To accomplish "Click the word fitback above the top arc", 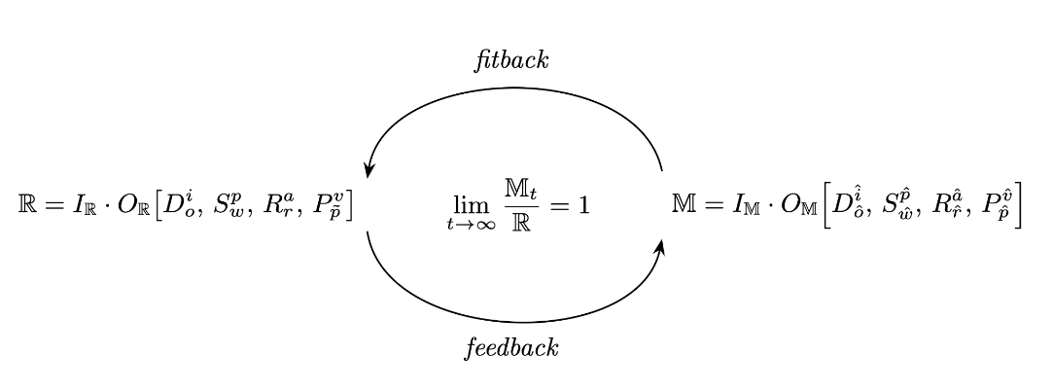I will [x=511, y=60].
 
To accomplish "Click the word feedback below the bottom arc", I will [x=511, y=348].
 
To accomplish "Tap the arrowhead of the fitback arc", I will [x=369, y=168].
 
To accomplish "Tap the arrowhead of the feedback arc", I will [x=661, y=246].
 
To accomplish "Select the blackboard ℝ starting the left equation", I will [x=28, y=205].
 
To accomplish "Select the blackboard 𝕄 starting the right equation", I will [x=683, y=205].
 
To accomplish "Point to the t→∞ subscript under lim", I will [x=468, y=225].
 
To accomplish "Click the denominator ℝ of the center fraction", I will [x=519, y=223].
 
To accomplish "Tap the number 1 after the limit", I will [x=583, y=205].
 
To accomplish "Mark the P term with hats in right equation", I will [x=992, y=205].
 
